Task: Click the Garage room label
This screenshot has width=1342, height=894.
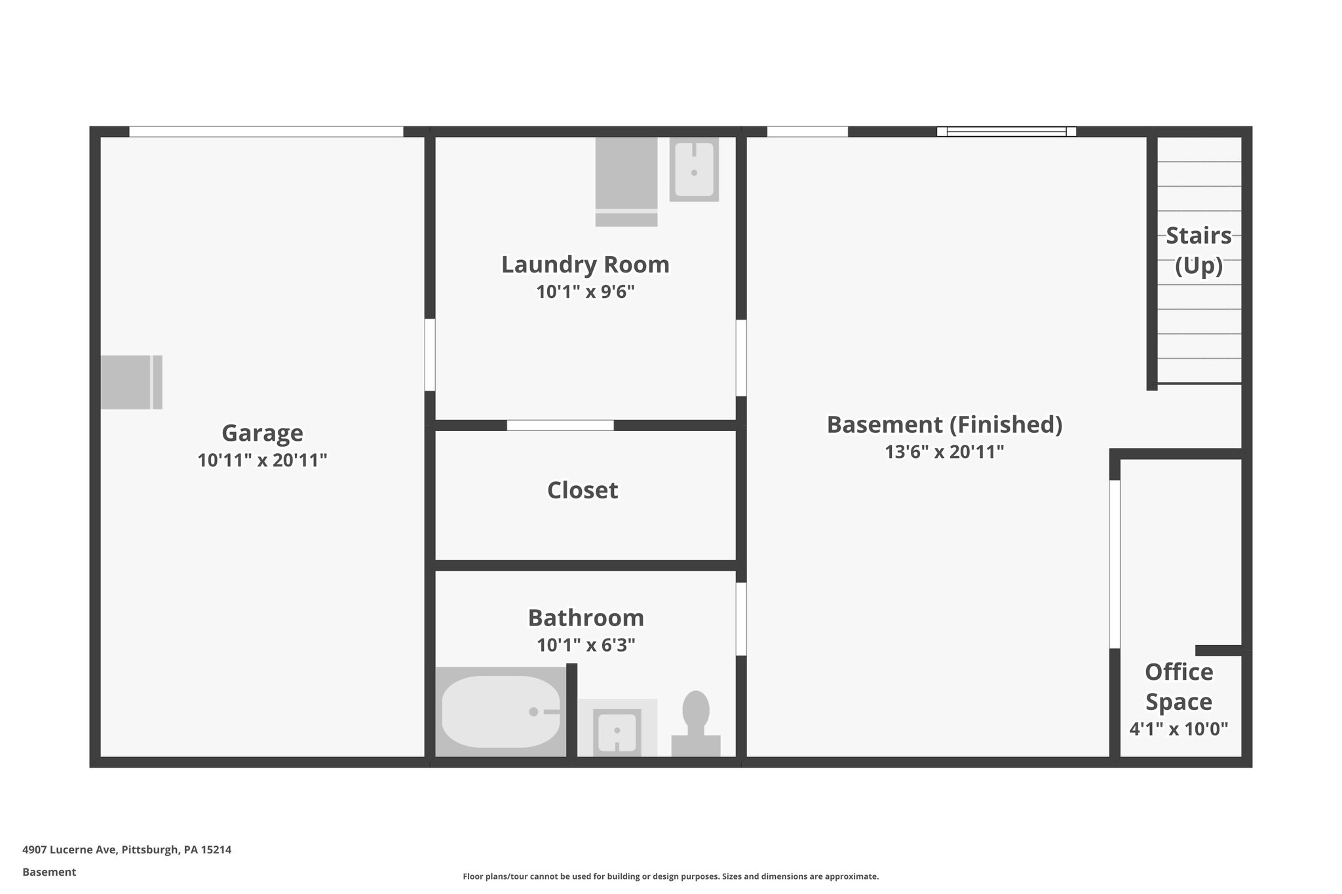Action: pyautogui.click(x=262, y=434)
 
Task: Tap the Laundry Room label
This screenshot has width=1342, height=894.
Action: pyautogui.click(x=585, y=265)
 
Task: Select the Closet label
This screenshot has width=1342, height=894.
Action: pyautogui.click(x=583, y=491)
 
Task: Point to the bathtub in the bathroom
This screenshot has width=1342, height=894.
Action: pyautogui.click(x=501, y=711)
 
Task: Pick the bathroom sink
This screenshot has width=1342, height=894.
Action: pyautogui.click(x=617, y=732)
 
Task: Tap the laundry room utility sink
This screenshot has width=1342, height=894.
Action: pyautogui.click(x=694, y=169)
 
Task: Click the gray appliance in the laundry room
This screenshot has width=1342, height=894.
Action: pyautogui.click(x=626, y=181)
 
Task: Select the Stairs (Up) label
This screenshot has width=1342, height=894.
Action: pyautogui.click(x=1198, y=250)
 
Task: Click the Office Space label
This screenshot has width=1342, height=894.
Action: pyautogui.click(x=1179, y=687)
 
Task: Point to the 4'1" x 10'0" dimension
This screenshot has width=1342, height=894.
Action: pyautogui.click(x=1179, y=729)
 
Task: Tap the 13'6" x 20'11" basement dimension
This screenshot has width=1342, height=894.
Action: pyautogui.click(x=944, y=452)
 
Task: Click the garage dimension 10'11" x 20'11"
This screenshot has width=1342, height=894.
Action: pyautogui.click(x=262, y=460)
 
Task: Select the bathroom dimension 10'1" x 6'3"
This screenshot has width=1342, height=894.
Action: pyautogui.click(x=586, y=646)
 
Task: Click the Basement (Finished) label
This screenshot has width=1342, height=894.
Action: pyautogui.click(x=944, y=425)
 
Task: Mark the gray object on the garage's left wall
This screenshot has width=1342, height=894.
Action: pyautogui.click(x=131, y=382)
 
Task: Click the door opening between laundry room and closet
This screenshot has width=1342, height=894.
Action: pyautogui.click(x=560, y=425)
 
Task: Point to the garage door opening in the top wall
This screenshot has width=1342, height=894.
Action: pyautogui.click(x=266, y=132)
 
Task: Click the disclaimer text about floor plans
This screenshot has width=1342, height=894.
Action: pyautogui.click(x=670, y=876)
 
